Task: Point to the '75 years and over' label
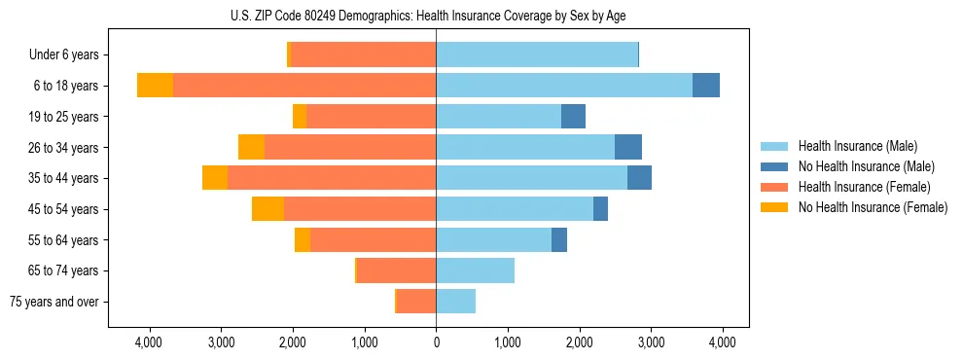click(x=54, y=302)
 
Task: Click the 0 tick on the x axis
click(x=436, y=342)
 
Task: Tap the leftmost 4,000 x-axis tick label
click(x=149, y=342)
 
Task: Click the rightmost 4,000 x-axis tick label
click(x=722, y=342)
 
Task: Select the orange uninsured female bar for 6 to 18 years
click(x=155, y=86)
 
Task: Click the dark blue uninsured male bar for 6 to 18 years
click(x=706, y=86)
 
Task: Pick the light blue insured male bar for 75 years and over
click(x=455, y=302)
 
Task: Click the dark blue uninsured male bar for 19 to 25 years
click(x=573, y=117)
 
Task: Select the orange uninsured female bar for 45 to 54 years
click(x=267, y=209)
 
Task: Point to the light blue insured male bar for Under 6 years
click(x=537, y=55)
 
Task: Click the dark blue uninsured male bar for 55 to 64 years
click(x=559, y=240)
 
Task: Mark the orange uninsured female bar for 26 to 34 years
click(x=251, y=147)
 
